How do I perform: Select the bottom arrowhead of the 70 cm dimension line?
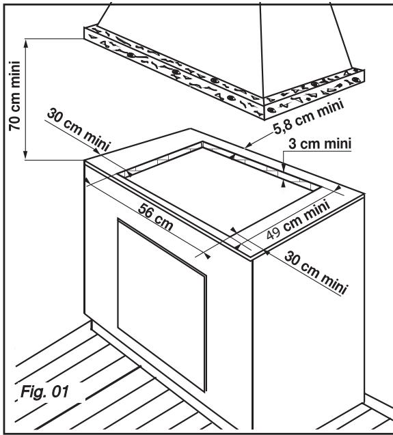(25, 158)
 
